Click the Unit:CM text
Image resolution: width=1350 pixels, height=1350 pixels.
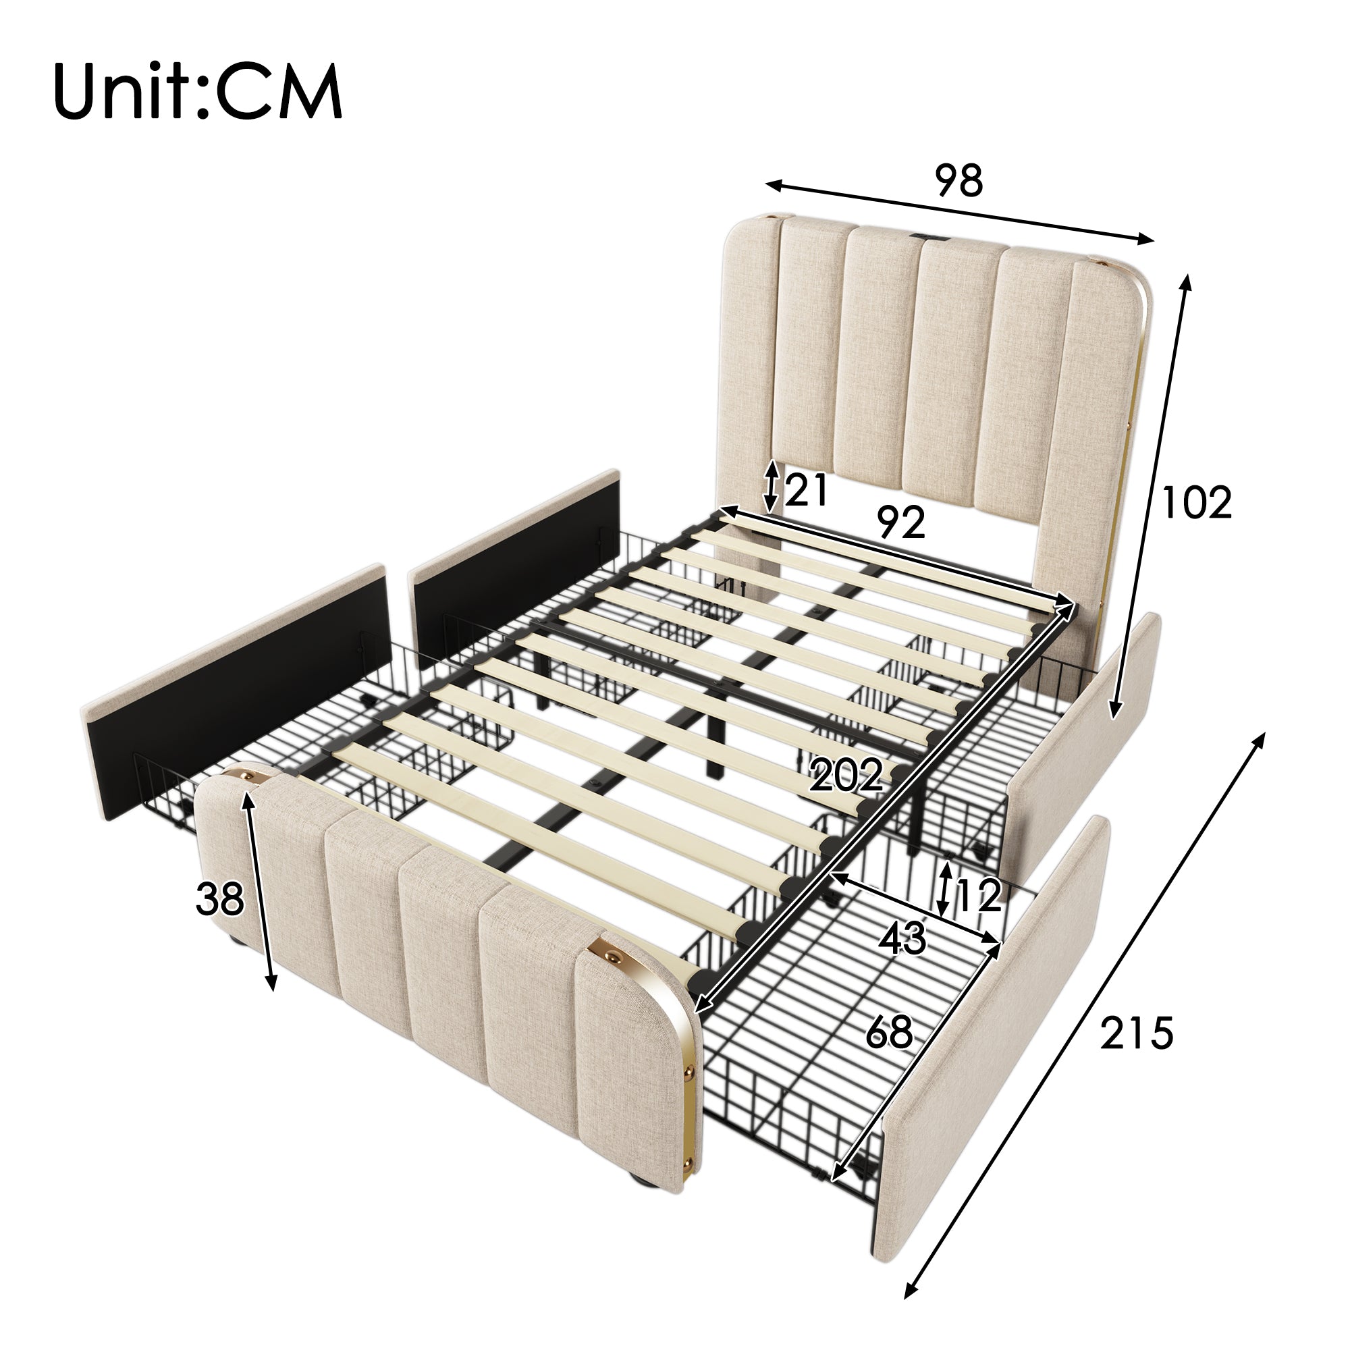198,92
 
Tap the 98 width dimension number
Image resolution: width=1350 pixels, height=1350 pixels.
959,180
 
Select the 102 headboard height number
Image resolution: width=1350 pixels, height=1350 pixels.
1195,502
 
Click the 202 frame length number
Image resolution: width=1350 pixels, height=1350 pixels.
846,776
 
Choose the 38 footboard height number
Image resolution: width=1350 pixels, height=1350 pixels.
219,898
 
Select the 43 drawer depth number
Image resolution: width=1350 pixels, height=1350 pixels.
902,938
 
